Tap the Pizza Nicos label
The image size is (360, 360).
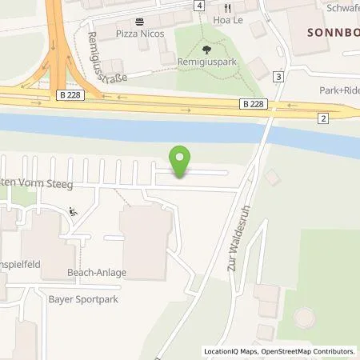141,33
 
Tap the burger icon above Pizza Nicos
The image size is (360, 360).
141,22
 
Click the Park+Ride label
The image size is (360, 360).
338,91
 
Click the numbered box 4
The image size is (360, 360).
198,6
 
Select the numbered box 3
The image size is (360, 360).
278,77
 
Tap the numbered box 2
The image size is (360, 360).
323,118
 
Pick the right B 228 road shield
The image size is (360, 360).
253,103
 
